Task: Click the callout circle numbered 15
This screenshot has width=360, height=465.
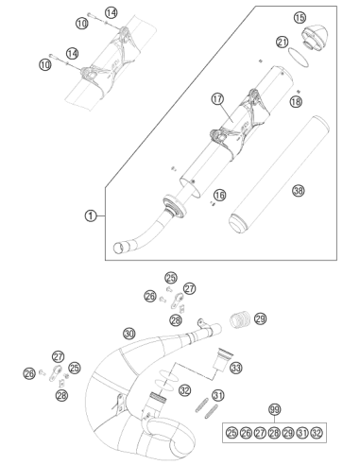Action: point(300,17)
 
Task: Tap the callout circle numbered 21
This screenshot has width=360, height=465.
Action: point(283,42)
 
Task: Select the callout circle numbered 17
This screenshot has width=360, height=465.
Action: point(217,99)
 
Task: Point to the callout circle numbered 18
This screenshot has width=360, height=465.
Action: point(296,101)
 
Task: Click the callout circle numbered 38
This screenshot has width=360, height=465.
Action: point(299,190)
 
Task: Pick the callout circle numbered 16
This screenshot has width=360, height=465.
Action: point(220,195)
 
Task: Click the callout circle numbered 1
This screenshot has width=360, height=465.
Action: point(91,215)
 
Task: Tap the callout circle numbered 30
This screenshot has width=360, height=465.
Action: point(129,334)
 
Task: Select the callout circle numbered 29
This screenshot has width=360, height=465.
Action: point(261,319)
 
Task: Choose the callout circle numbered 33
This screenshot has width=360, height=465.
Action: point(236,368)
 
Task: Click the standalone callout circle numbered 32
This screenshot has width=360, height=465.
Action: point(185,390)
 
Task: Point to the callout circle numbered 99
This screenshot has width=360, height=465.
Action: point(275,409)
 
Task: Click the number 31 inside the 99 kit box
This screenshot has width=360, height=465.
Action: point(302,433)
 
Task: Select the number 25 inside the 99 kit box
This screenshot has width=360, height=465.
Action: point(231,433)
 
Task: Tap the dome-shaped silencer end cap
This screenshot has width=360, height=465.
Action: point(316,38)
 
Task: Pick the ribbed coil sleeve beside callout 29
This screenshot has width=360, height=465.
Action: point(240,319)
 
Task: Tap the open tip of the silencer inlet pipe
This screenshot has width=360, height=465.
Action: point(119,248)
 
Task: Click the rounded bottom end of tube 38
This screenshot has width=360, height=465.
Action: point(238,223)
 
